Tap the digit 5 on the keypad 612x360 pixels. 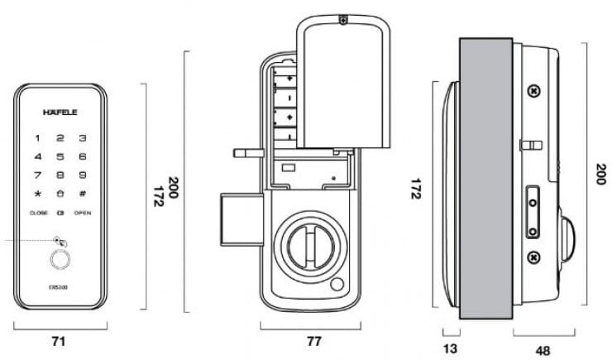click(x=60, y=137)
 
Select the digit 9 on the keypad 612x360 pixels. click(x=83, y=175)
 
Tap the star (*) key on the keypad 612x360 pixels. click(x=36, y=194)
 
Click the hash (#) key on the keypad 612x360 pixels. click(x=83, y=194)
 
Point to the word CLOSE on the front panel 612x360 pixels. click(x=38, y=214)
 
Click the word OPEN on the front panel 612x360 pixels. click(x=83, y=214)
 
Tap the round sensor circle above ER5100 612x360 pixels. click(x=60, y=261)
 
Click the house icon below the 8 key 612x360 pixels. click(x=60, y=194)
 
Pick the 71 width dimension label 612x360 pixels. click(x=59, y=340)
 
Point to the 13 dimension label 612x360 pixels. click(x=451, y=348)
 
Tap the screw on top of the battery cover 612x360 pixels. click(x=342, y=21)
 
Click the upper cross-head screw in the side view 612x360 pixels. click(x=535, y=90)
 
